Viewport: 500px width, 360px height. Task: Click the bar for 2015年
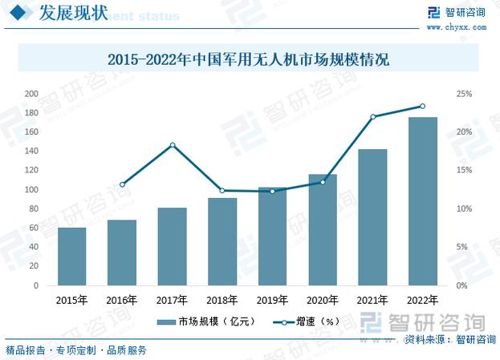click(71, 257)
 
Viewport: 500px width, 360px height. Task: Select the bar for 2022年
click(423, 201)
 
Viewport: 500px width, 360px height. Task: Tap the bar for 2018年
click(222, 241)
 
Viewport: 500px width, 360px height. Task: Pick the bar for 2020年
click(323, 229)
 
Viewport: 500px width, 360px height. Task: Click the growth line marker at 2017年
click(173, 144)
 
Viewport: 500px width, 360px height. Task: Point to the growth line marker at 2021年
click(373, 117)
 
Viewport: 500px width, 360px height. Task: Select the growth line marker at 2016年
click(122, 184)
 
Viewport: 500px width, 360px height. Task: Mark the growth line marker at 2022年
click(423, 106)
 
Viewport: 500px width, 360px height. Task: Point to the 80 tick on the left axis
click(34, 208)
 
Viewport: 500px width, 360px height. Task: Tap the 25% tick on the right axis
click(464, 94)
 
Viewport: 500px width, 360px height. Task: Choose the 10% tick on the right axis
click(464, 208)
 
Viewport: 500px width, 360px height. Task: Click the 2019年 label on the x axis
click(272, 301)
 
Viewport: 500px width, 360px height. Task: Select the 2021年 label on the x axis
click(372, 301)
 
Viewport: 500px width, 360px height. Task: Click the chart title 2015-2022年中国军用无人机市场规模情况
click(249, 60)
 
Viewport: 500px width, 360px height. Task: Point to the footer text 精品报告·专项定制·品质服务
click(76, 350)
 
